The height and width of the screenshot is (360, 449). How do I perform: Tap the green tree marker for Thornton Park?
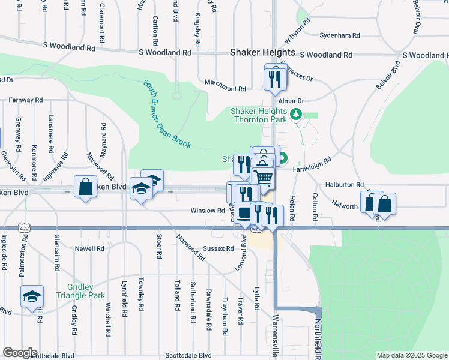tap(295, 114)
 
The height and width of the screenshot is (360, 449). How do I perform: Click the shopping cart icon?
tap(263, 178)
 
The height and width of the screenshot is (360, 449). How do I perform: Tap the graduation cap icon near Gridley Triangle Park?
tap(32, 297)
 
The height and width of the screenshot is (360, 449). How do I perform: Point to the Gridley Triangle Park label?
tap(80, 290)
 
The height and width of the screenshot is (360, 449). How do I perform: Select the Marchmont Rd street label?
tap(225, 89)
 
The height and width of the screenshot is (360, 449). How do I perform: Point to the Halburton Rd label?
tap(345, 185)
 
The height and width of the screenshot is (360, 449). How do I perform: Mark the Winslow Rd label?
tap(208, 211)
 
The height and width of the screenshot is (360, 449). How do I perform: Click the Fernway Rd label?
tap(26, 100)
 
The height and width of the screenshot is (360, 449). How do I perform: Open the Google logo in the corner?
tap(19, 353)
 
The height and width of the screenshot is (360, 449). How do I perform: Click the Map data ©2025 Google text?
tap(412, 355)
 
